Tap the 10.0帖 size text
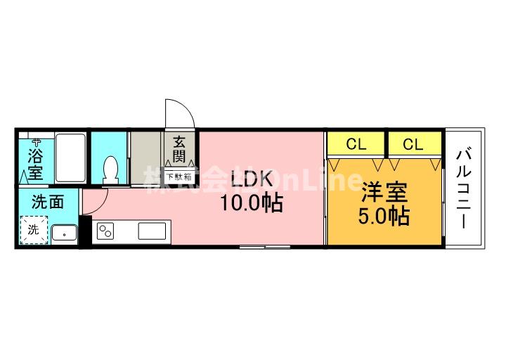point(252,204)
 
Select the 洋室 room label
point(384,193)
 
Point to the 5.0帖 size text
point(384,217)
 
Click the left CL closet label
point(356,145)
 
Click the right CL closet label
point(413,145)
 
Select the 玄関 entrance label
point(180,148)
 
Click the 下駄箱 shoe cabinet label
point(179,176)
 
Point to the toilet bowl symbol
point(110,169)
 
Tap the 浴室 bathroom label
point(34,163)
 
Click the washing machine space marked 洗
point(33,229)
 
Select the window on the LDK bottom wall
point(265,247)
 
